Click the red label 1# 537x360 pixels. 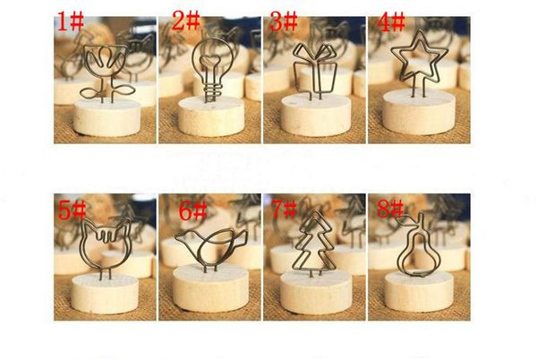(x=71, y=21)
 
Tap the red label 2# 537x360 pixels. (x=185, y=21)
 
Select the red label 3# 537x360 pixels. (x=284, y=21)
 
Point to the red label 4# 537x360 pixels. (x=391, y=21)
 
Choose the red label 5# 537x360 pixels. (x=72, y=210)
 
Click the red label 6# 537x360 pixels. (x=193, y=211)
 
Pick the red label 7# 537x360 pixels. (x=284, y=210)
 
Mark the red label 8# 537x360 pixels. (x=391, y=209)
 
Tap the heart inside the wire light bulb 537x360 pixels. (x=210, y=62)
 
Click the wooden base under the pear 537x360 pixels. (x=419, y=290)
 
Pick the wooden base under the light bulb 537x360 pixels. (x=211, y=116)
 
